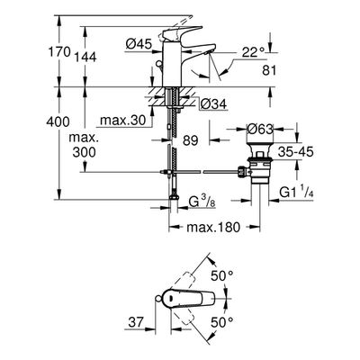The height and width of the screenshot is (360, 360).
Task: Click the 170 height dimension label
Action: [x=59, y=51]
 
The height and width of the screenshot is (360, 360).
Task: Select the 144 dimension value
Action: [x=85, y=57]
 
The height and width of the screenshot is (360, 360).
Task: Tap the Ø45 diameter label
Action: [x=139, y=45]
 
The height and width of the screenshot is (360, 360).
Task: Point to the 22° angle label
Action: [x=254, y=53]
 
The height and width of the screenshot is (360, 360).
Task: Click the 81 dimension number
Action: [x=269, y=70]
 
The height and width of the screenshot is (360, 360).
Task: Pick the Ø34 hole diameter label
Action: [x=213, y=104]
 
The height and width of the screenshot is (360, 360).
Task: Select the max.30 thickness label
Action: [x=122, y=121]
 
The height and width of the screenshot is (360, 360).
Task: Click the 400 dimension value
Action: [x=58, y=121]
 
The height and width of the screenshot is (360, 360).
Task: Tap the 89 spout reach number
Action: [x=191, y=140]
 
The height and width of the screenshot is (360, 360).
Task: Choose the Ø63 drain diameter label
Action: [x=260, y=130]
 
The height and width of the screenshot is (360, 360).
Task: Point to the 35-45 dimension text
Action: [x=295, y=152]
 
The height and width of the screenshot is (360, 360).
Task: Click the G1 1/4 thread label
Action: [x=297, y=193]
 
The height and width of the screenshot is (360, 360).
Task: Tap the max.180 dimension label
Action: [x=213, y=227]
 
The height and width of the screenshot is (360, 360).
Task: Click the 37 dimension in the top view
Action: [x=136, y=322]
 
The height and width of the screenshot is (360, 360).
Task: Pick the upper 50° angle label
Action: [x=221, y=275]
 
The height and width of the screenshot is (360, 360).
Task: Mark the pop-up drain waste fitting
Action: [x=257, y=164]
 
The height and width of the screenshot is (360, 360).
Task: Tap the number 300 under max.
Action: [x=85, y=152]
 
